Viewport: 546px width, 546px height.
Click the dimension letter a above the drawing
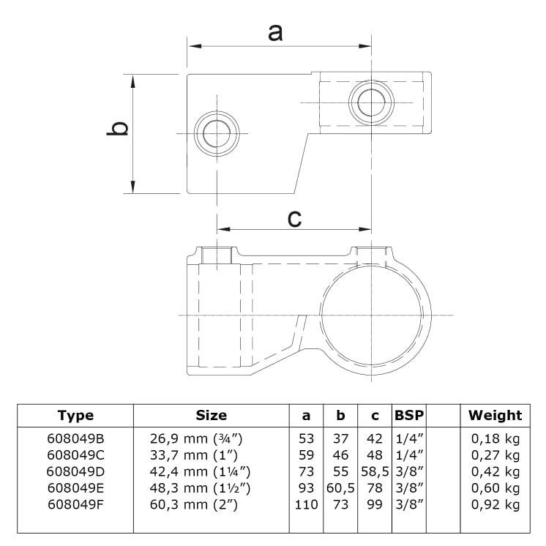point(275,33)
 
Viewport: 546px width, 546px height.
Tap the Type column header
point(75,416)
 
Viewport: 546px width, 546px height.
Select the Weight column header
point(495,416)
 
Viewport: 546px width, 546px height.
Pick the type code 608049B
point(75,439)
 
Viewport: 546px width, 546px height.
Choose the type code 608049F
point(75,504)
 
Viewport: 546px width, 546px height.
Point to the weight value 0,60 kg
point(495,488)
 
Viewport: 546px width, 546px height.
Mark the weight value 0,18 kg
point(495,439)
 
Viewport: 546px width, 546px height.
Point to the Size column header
point(211,416)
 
